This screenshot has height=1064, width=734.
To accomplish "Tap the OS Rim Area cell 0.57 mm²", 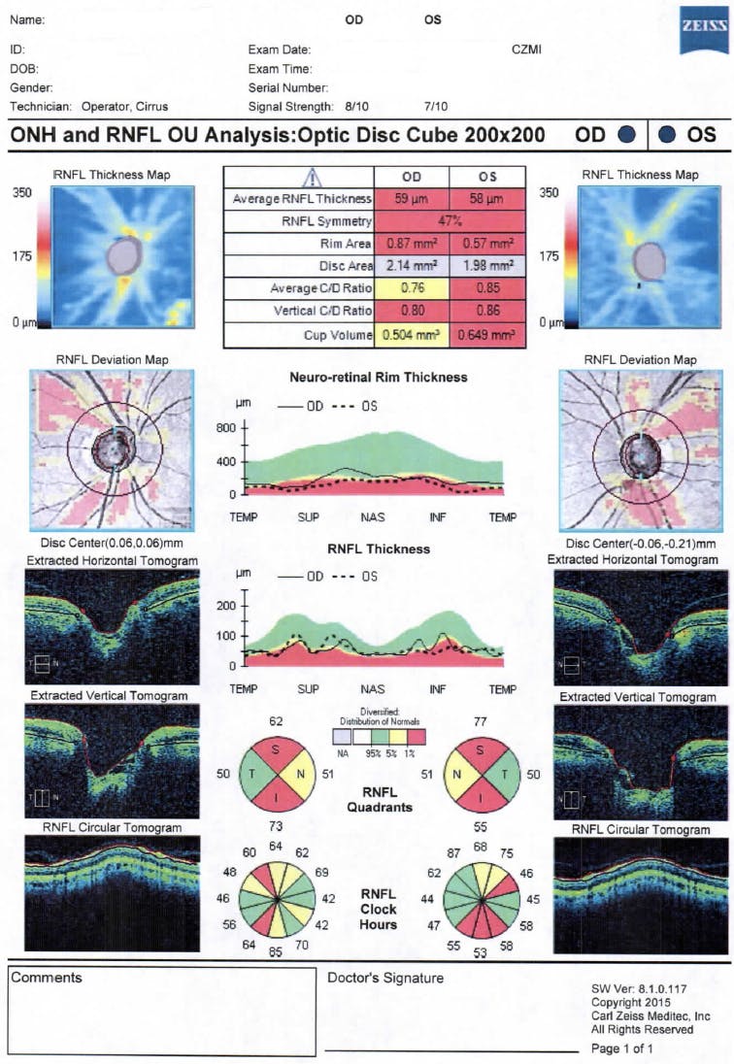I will [487, 242].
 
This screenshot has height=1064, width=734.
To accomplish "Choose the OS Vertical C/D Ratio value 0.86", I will [487, 311].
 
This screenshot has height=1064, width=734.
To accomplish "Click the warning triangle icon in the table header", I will [313, 177].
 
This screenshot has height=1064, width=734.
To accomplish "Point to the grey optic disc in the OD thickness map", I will [123, 255].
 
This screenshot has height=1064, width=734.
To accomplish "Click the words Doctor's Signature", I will [385, 978].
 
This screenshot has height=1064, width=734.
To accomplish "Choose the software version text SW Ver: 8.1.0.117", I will [640, 988].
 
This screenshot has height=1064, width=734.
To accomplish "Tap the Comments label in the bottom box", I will [46, 978].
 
